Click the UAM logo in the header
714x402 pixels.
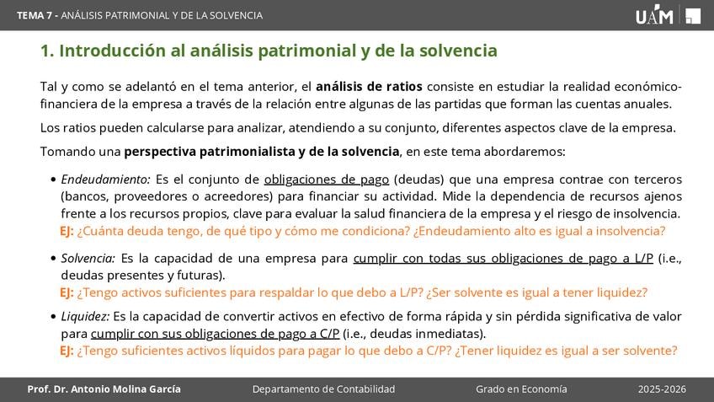pos(668,14)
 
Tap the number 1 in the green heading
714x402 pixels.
pos(45,51)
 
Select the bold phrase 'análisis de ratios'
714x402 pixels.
pos(369,87)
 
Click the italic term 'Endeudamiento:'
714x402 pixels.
pos(105,180)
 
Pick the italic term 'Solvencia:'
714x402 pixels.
pos(88,259)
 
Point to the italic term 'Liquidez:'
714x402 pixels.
pos(85,316)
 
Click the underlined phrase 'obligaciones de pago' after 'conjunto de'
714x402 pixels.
pos(327,180)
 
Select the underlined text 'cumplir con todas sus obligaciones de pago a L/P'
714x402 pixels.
pos(504,259)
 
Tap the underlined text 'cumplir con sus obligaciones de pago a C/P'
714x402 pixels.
pos(215,334)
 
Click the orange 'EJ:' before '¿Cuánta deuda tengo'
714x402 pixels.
pos(67,231)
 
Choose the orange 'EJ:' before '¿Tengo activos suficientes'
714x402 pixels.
pos(67,292)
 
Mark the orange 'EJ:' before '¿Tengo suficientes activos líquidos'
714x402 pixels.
pos(67,351)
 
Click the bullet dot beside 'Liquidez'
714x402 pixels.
pos(54,317)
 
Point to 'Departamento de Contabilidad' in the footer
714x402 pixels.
pos(324,389)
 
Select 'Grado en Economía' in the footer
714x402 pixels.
pos(521,389)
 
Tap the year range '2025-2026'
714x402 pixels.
pos(662,389)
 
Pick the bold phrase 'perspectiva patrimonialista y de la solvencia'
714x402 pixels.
pos(262,152)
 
